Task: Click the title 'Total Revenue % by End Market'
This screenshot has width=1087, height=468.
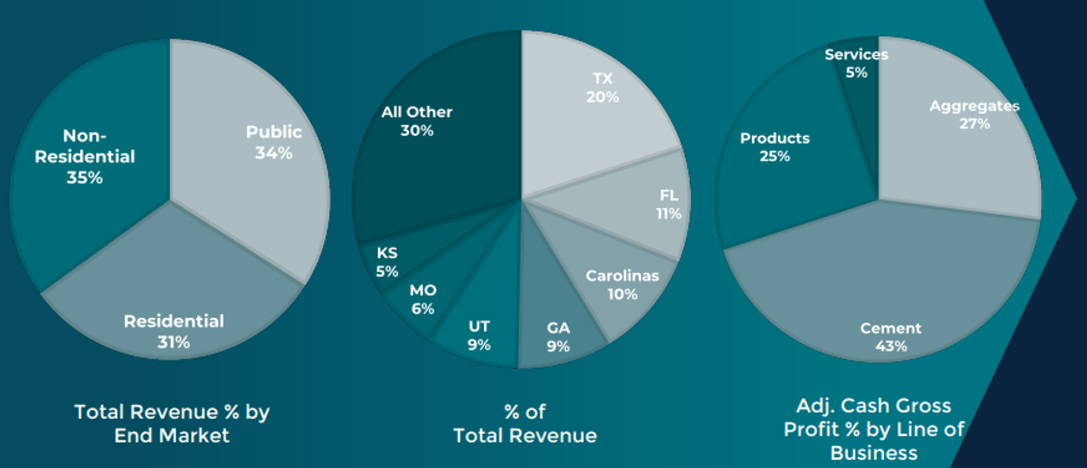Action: click(172, 423)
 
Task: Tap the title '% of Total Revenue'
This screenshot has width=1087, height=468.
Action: click(525, 423)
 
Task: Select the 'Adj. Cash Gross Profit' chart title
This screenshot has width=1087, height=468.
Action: click(874, 429)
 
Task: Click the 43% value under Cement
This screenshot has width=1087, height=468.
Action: click(891, 346)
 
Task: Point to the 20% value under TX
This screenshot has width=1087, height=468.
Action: click(602, 97)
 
